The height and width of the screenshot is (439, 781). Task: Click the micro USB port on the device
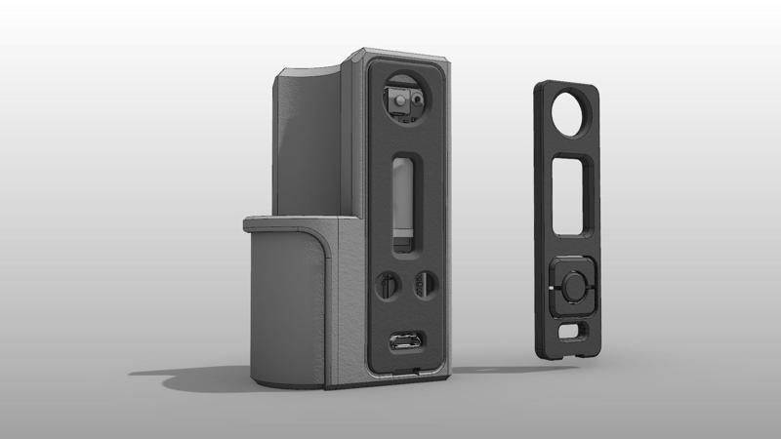(400, 342)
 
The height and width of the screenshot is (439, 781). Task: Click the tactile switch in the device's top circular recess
(400, 99)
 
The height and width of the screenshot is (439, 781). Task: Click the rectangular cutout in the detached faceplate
(573, 196)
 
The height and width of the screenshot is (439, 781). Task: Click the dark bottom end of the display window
(402, 237)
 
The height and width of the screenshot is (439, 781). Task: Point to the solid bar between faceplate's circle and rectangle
(571, 150)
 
